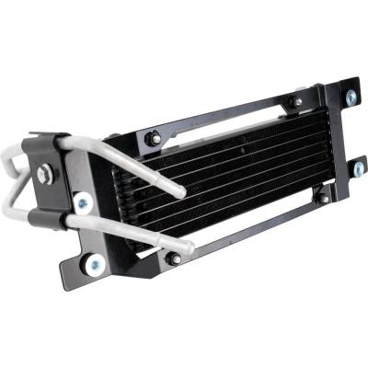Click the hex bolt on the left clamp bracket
pos(47,172)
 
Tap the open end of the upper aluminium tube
pos(180,193)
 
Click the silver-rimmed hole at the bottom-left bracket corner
pos(94,265)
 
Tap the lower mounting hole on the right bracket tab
pos(358,169)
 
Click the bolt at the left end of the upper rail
pos(154,138)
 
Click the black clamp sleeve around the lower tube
pos(44,218)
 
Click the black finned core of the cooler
pos(230,175)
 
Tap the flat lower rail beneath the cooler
pos(248,230)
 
